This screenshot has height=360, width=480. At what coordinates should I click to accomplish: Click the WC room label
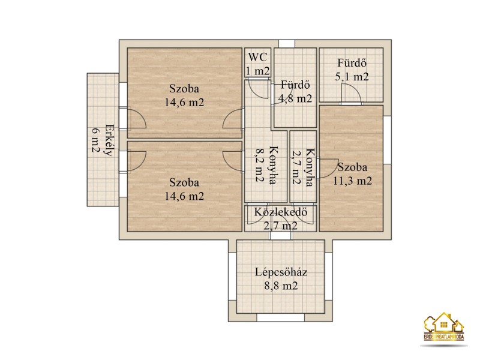257,57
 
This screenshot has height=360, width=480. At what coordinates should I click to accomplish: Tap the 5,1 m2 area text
352,77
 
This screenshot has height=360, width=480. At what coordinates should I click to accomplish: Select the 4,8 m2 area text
295,98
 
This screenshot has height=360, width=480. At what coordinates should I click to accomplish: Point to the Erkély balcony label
109,140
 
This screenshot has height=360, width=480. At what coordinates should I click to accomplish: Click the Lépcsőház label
281,272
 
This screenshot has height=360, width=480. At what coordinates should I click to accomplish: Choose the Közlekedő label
280,212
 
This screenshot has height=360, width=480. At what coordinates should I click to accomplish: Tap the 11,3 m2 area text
352,181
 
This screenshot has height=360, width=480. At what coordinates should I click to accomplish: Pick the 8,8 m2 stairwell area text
281,286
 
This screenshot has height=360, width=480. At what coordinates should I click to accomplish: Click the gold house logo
444,326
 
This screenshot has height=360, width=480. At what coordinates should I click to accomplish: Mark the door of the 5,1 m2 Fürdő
352,94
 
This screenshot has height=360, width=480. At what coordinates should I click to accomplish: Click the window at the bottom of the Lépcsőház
280,317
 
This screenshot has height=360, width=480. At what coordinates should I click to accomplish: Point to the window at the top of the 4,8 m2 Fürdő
287,43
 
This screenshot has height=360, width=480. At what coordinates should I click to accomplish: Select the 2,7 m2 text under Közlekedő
280,226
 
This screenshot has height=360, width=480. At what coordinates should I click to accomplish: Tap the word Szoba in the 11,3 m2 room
352,167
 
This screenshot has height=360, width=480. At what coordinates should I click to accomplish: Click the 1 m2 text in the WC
258,71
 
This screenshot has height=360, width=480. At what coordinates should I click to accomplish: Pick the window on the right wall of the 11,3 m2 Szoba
387,140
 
